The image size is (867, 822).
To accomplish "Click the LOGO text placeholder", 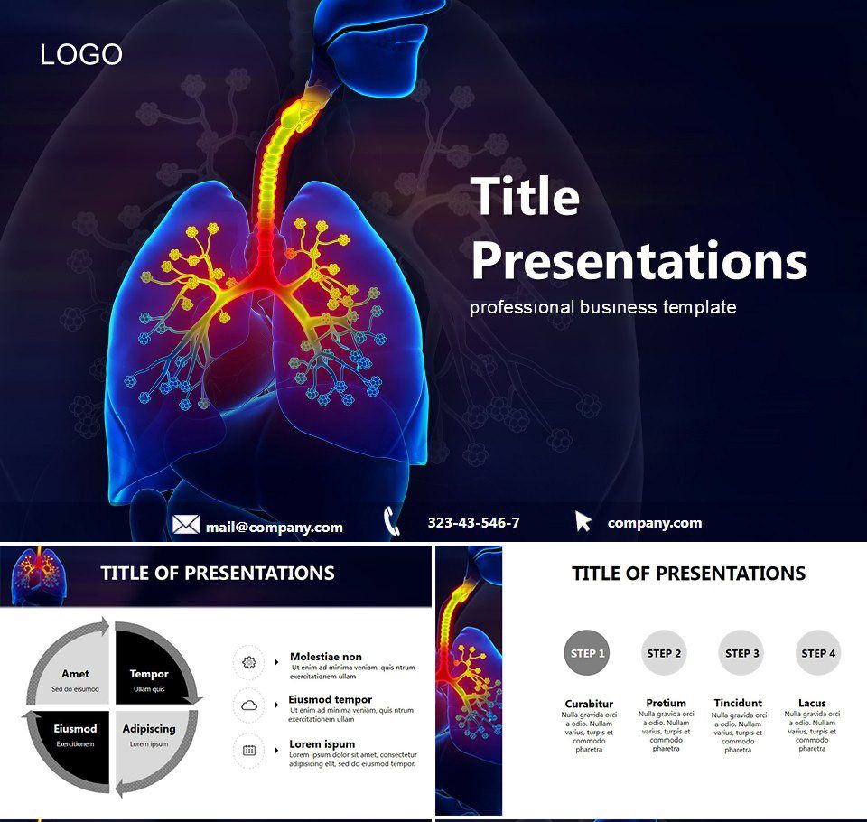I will point(81,54).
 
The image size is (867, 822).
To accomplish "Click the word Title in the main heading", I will point(525,196).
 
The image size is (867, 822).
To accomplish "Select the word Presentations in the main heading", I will point(639,260).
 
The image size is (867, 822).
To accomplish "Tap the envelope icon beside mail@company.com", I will point(186,525).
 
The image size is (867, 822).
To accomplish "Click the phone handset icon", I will point(392,521).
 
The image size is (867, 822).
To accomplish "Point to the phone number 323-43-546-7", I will point(473,522).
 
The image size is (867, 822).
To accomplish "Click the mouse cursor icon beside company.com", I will point(583,521).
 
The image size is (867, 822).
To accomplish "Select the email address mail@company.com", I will point(274,527).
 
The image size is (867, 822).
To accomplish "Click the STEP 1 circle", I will point(587,653).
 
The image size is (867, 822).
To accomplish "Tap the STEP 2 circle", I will point(664,653).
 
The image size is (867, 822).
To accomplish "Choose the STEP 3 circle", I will point(741,653).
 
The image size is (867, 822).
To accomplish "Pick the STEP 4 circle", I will point(818,653).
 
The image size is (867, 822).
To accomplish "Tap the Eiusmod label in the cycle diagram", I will point(75,729).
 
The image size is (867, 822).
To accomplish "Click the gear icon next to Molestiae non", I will point(249,662).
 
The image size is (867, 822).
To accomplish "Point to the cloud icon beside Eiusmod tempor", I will point(249,705).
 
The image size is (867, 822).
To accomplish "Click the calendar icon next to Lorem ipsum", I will point(249,750).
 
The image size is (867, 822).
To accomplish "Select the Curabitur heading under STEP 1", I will point(589,704).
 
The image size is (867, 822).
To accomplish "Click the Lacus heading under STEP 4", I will point(812,703).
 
